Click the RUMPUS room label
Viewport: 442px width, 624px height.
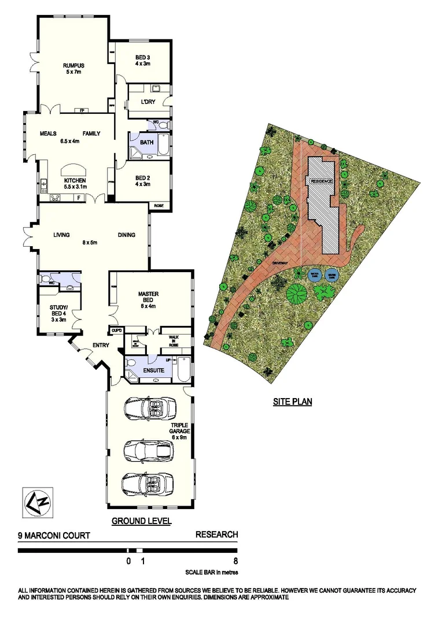[73, 65]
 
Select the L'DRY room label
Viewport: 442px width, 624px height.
[148, 102]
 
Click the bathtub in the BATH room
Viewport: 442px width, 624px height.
[163, 145]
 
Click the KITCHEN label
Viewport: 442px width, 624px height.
[75, 180]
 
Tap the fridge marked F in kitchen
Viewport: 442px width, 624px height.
[79, 198]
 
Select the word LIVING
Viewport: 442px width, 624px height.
[61, 235]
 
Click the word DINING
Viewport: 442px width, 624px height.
[127, 235]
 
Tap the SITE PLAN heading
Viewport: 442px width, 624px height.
[293, 401]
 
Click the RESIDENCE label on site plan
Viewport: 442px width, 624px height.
[322, 181]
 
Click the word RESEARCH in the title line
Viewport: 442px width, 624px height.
[216, 535]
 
